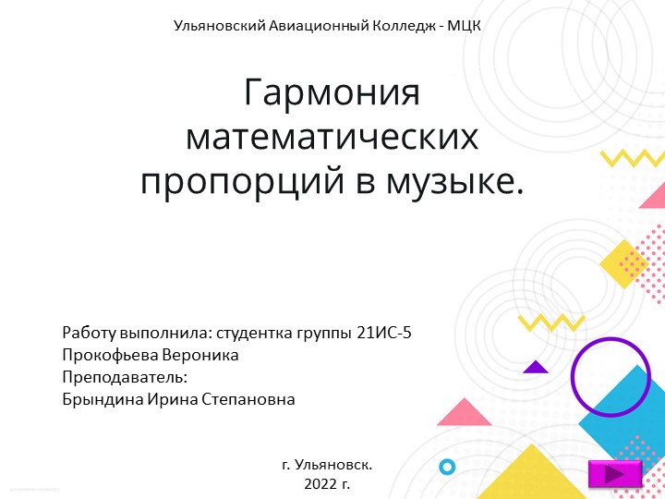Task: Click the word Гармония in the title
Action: (x=332, y=93)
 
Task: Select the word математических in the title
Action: (x=332, y=138)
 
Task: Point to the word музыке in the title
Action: (x=453, y=180)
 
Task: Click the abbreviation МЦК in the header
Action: (x=464, y=25)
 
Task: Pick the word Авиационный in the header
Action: (x=314, y=25)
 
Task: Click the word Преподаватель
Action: (x=125, y=377)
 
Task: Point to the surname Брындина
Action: (x=102, y=399)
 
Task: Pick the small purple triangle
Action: (x=536, y=367)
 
